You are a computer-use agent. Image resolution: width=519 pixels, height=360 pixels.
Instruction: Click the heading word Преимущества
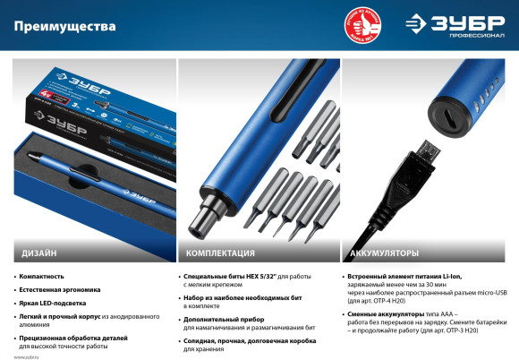coord(64,26)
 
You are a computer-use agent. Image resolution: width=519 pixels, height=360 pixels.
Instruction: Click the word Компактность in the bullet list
coord(43,277)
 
